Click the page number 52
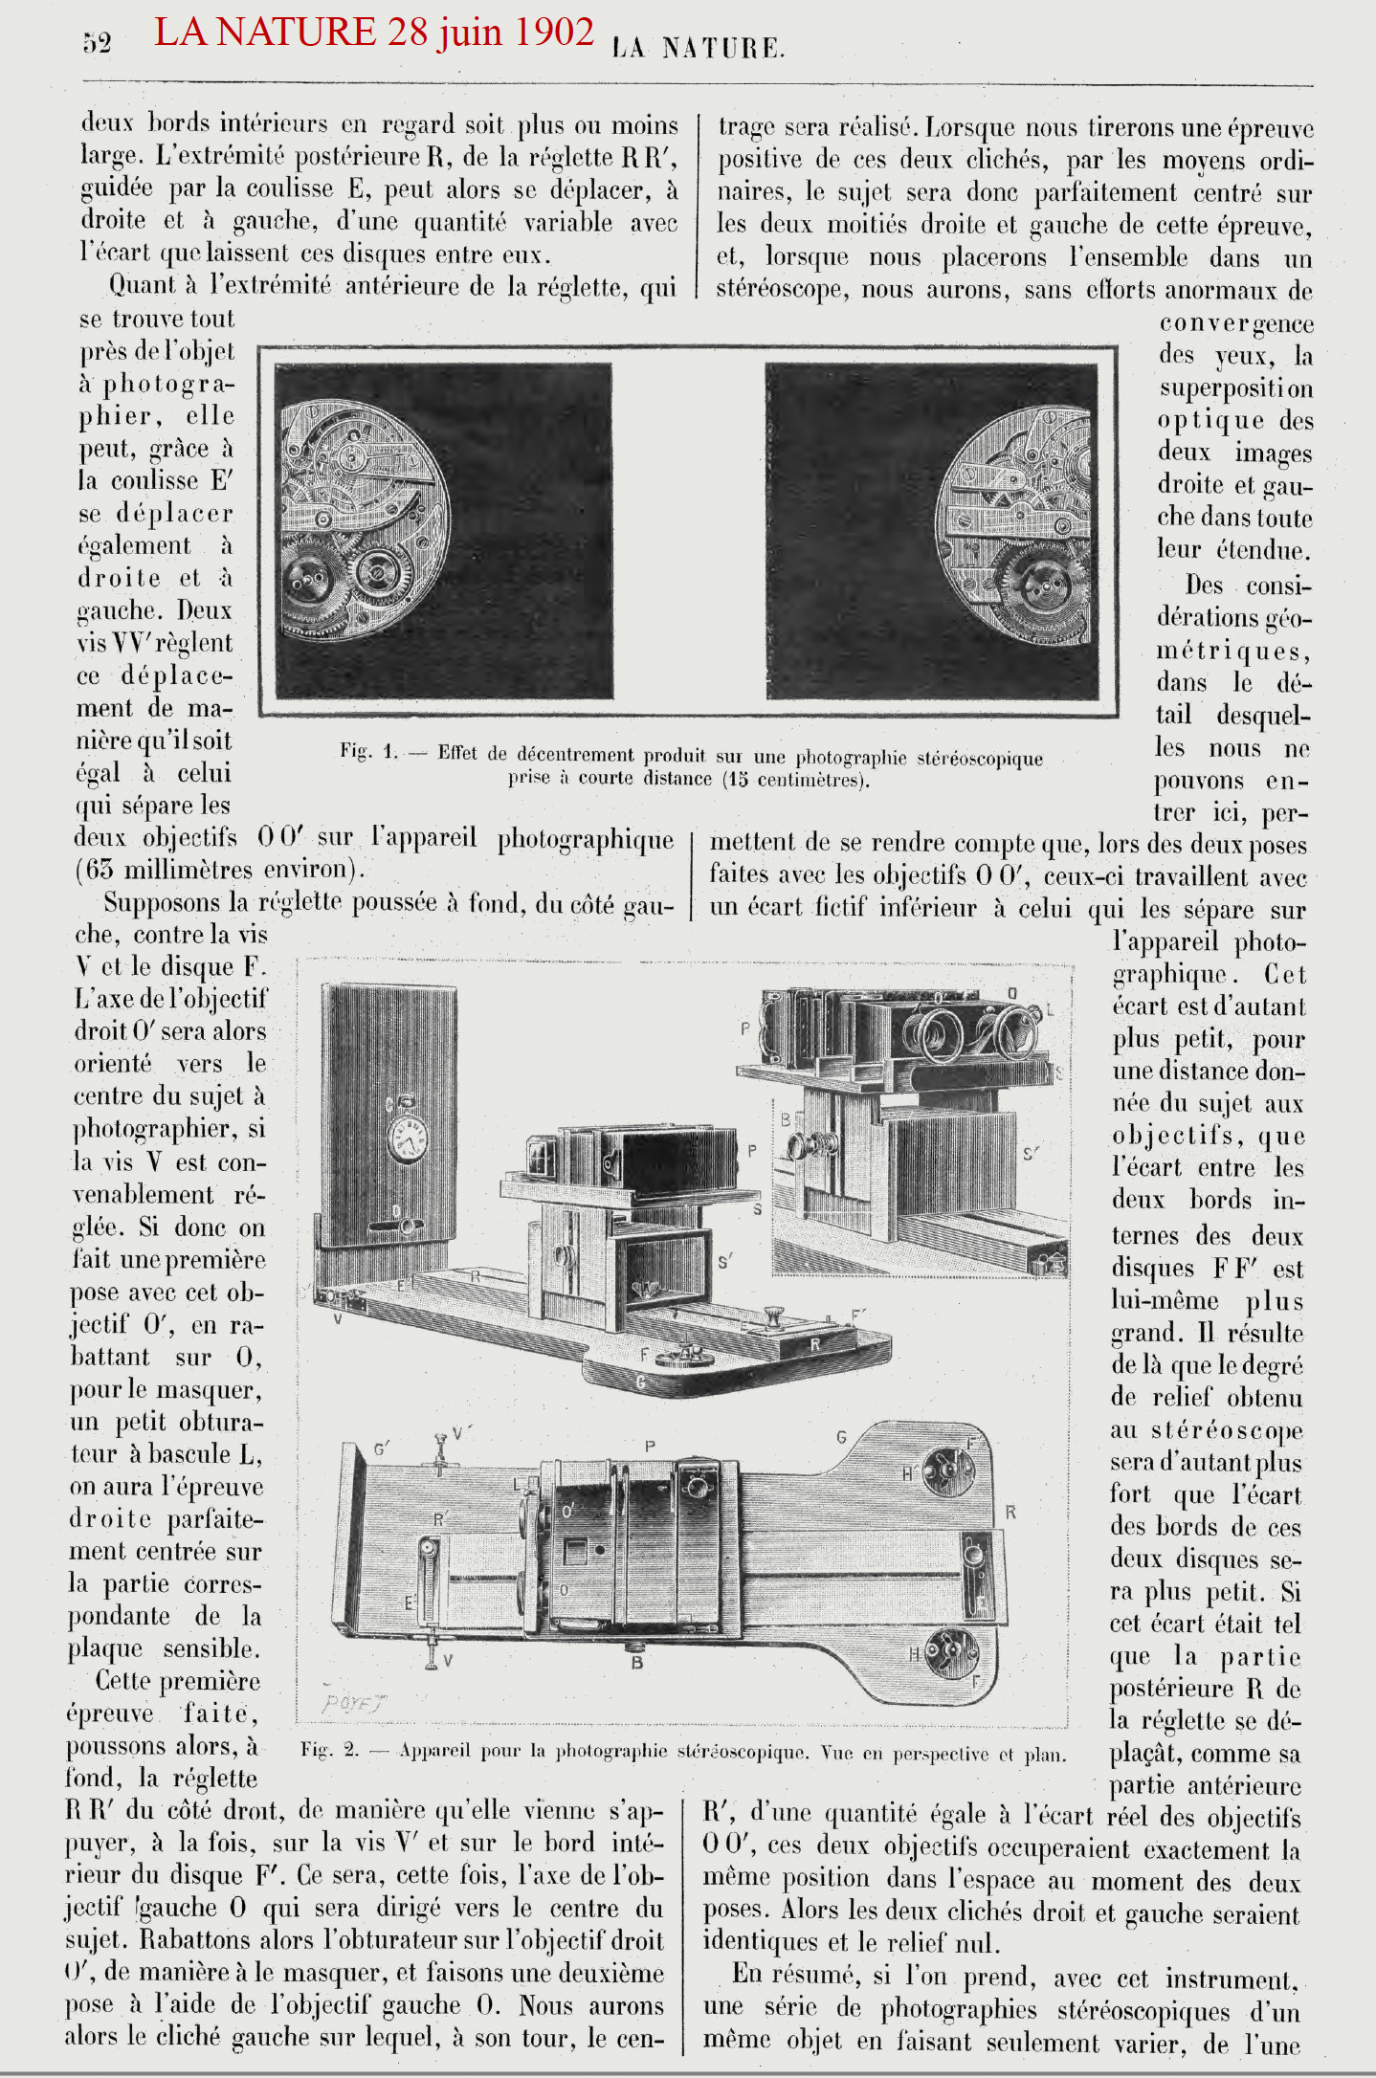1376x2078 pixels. tap(97, 43)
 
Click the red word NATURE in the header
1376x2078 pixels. tap(296, 33)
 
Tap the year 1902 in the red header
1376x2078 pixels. tap(554, 33)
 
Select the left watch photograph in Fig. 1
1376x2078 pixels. tap(443, 530)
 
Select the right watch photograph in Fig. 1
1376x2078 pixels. tap(931, 530)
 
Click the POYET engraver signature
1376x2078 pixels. tap(353, 1703)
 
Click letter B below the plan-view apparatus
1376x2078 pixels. tap(637, 1664)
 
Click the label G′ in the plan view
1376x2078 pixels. tap(382, 1448)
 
